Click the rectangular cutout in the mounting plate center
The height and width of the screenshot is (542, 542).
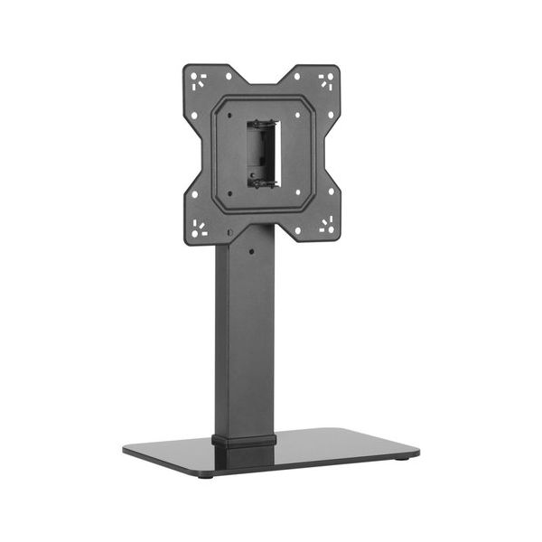click(x=261, y=153)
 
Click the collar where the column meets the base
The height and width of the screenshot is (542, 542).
click(x=244, y=442)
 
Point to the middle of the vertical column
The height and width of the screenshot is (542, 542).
click(x=245, y=343)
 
